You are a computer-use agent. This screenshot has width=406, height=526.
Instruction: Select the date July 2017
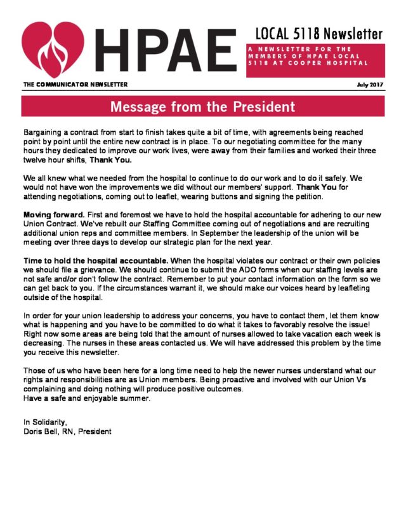coord(370,84)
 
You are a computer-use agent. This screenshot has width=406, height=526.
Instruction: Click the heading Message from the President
coord(203,106)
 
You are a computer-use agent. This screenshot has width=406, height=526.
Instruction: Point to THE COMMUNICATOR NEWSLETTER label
coord(75,84)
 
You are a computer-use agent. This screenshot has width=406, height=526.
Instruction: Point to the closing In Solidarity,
coord(45,422)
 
